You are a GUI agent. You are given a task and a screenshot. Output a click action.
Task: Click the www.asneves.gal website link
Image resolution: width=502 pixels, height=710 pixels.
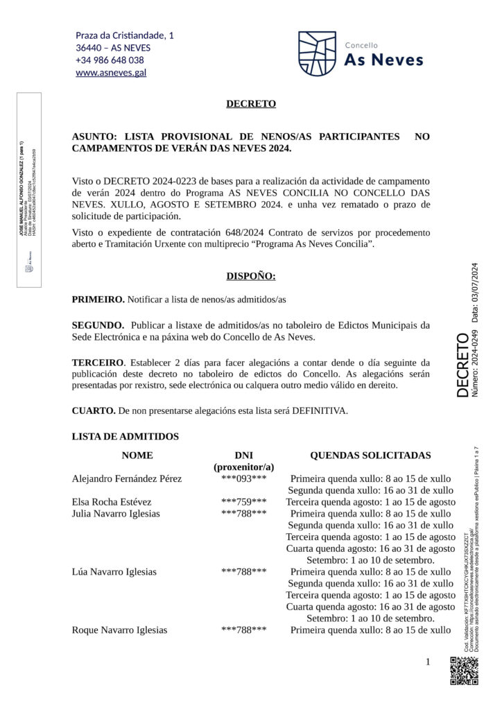click(x=111, y=72)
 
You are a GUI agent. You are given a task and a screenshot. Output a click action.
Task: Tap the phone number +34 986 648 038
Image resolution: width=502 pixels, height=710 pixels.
click(x=110, y=60)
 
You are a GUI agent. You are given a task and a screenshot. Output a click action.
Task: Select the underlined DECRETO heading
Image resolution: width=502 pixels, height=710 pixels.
click(x=251, y=104)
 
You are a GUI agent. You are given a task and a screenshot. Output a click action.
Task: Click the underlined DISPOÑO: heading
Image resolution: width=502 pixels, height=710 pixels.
click(x=251, y=277)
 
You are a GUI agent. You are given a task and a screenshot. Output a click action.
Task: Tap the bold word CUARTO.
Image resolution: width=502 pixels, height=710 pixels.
click(x=94, y=410)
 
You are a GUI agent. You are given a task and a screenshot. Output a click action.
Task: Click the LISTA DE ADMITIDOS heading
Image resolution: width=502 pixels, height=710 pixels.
click(x=125, y=436)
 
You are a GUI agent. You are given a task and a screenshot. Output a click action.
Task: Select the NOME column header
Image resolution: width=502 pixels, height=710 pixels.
click(x=137, y=456)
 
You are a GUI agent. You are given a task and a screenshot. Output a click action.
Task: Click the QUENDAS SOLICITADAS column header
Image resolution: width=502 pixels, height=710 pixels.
click(x=370, y=456)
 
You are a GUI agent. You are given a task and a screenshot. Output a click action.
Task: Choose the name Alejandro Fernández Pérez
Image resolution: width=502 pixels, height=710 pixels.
click(x=127, y=479)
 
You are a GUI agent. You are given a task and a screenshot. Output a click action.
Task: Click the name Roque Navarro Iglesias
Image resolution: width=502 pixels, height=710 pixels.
click(x=119, y=630)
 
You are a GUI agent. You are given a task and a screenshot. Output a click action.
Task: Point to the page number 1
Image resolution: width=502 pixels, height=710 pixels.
click(x=428, y=662)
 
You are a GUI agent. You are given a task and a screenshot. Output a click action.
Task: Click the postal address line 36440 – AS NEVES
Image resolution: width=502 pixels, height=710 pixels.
click(x=113, y=47)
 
